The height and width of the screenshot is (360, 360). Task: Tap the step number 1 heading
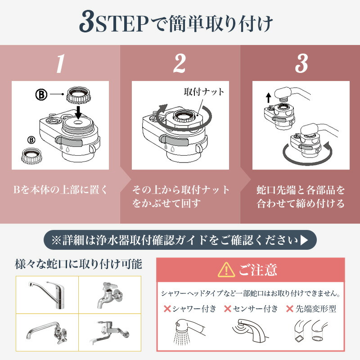pos(60,64)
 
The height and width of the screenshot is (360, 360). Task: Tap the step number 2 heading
pos(180,64)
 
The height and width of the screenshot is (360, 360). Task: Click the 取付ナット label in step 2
pos(204,92)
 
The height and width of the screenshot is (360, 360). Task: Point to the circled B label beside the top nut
pos(42,95)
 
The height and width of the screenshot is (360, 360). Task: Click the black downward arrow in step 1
pos(78,111)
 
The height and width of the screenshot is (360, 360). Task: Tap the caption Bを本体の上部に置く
pos(60,189)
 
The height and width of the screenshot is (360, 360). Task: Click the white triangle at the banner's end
pos(305,240)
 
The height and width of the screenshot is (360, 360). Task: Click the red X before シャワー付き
pos(167,309)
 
